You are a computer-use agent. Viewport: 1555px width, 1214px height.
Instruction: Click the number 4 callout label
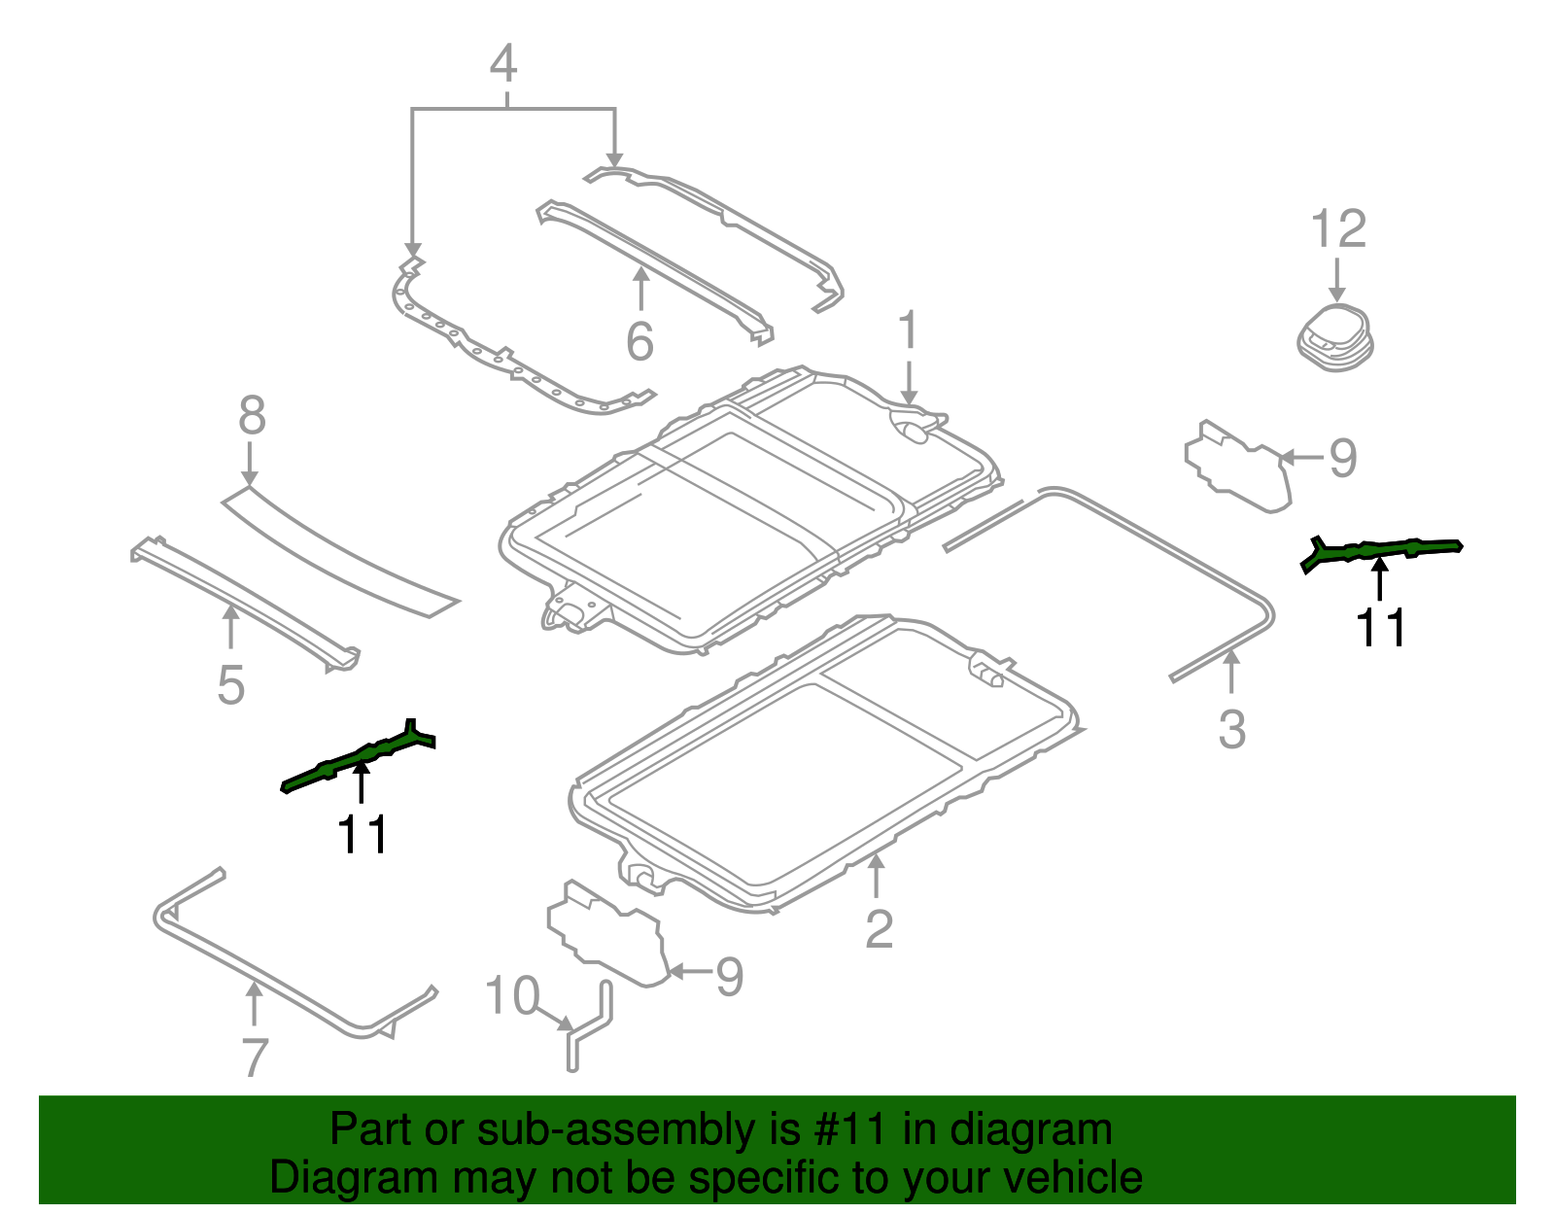pos(502,64)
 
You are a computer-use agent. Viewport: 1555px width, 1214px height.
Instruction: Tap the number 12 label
pos(1338,230)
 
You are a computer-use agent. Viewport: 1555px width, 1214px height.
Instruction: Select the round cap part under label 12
pos(1335,338)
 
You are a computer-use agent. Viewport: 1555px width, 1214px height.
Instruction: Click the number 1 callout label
pos(908,330)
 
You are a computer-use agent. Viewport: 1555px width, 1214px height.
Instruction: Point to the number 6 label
pos(639,341)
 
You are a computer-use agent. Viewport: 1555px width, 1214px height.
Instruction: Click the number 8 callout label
pos(252,416)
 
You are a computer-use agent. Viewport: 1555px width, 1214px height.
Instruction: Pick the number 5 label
pos(231,685)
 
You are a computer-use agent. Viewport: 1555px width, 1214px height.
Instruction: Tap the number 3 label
pos(1231,730)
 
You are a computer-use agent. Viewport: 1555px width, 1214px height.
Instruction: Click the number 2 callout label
pos(879,929)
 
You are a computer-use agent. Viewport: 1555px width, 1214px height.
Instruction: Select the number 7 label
pos(254,1058)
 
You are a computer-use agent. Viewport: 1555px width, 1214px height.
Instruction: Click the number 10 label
pos(512,996)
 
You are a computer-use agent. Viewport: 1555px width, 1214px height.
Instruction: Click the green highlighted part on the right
pos(1380,551)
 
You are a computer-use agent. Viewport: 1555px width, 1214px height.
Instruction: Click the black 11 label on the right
pos(1380,628)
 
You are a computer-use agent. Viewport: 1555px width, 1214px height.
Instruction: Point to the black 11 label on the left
pos(362,834)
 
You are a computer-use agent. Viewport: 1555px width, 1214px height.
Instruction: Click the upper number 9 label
pos(1342,458)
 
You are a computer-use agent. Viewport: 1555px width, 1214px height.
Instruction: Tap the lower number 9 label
pos(729,977)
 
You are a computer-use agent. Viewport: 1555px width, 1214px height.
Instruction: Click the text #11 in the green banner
pos(847,1130)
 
